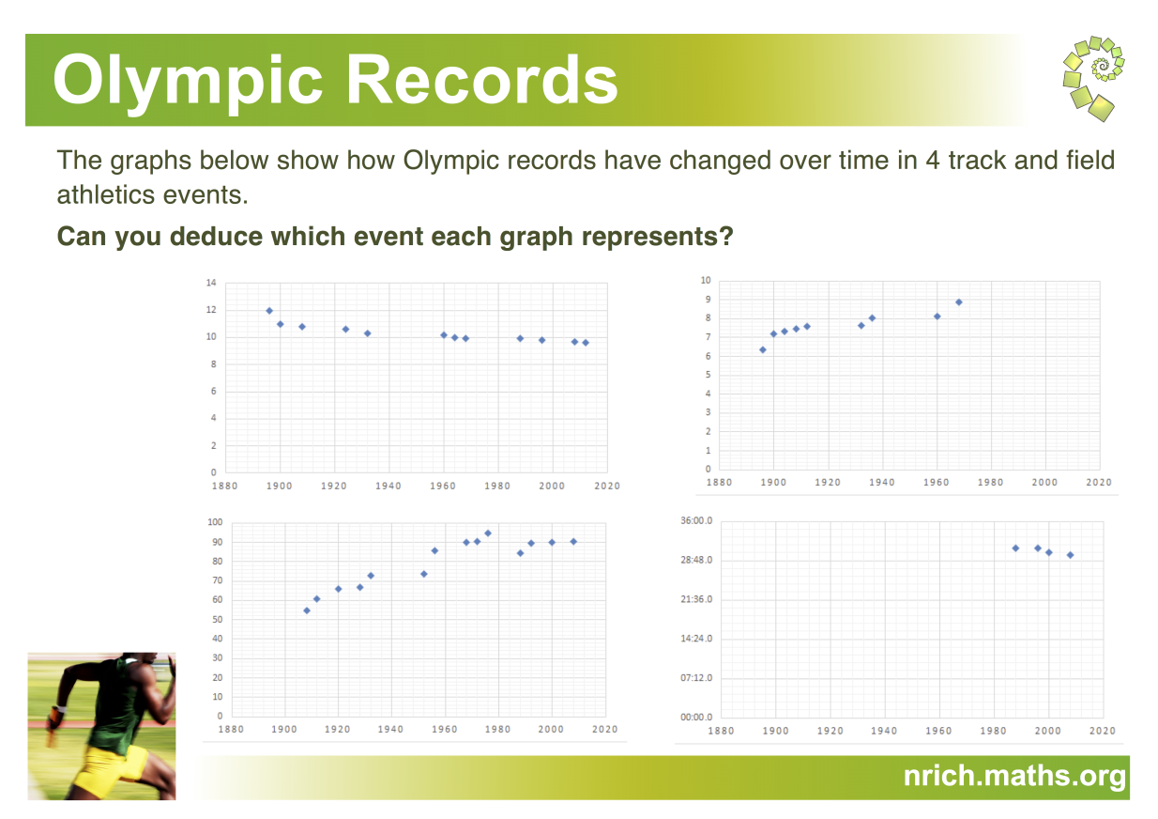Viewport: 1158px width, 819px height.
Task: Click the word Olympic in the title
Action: click(x=189, y=82)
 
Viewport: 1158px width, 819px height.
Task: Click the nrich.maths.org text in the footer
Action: click(x=1014, y=776)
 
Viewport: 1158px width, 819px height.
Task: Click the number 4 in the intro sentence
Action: click(x=932, y=161)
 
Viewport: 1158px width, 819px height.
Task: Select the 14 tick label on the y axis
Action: click(x=211, y=283)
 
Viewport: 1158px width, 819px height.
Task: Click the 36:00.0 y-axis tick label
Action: click(x=696, y=520)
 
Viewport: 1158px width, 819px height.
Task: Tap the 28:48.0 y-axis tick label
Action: click(x=696, y=560)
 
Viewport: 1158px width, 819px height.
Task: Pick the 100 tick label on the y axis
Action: click(x=215, y=522)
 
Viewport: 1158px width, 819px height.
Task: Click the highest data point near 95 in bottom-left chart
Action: click(x=488, y=533)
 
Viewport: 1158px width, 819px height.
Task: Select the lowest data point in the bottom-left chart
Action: click(x=307, y=610)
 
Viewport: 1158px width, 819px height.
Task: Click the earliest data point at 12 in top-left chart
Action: click(x=269, y=311)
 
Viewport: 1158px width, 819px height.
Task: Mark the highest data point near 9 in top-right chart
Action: click(x=959, y=302)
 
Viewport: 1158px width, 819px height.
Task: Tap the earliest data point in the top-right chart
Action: click(x=763, y=350)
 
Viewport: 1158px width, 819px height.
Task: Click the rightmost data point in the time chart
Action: click(x=1070, y=555)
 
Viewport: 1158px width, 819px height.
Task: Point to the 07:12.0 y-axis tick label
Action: click(x=696, y=678)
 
